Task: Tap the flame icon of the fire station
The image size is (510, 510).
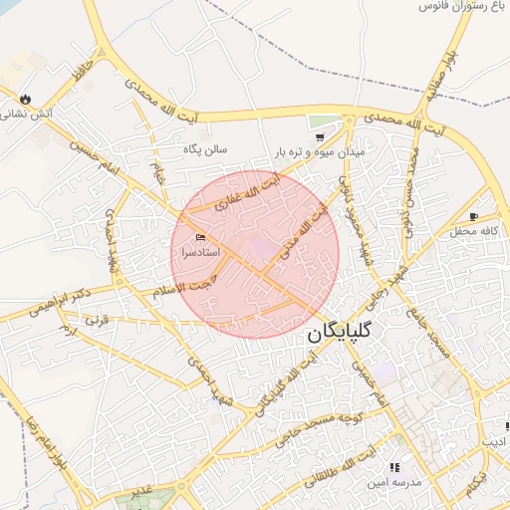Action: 26,99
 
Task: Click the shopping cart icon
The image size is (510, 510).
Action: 320,135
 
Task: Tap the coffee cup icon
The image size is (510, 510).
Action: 474,216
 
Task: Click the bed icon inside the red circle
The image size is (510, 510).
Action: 201,237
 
